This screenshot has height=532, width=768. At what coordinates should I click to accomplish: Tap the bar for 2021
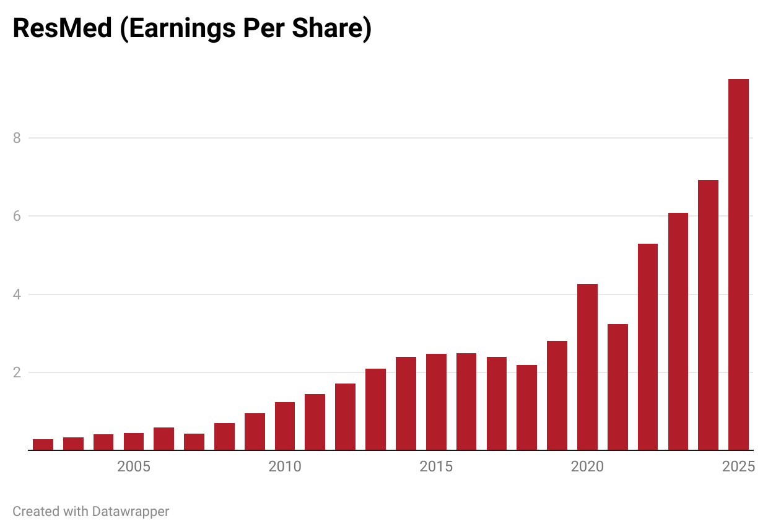coord(617,387)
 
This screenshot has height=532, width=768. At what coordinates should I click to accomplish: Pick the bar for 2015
coord(436,402)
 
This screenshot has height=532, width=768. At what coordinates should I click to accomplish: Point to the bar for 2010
coord(285,426)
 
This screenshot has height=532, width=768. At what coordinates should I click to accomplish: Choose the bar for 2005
coord(134,442)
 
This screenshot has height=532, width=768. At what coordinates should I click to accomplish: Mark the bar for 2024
coord(708,315)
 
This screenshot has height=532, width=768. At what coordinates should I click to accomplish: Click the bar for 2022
coord(648,347)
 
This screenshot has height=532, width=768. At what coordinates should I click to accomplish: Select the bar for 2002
coord(43,445)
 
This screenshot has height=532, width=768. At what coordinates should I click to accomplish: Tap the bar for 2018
coord(526,408)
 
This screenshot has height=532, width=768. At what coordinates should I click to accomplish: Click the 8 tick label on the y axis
coord(17,138)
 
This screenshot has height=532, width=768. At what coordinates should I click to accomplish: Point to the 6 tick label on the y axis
coord(17,216)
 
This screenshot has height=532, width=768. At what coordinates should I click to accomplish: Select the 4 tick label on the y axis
coord(17,294)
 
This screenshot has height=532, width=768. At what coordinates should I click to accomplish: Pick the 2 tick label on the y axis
coord(17,372)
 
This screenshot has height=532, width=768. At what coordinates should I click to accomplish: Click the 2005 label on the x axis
coord(134,466)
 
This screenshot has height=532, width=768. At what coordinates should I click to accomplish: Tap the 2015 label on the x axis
coord(436,466)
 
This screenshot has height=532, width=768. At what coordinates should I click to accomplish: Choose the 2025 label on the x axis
coord(738,466)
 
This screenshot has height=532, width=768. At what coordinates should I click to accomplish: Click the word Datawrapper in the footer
coord(130,512)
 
